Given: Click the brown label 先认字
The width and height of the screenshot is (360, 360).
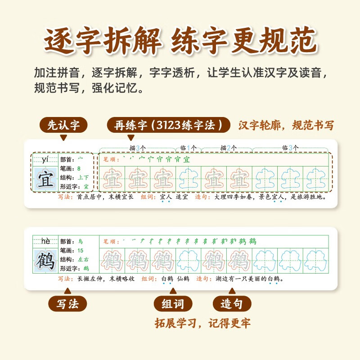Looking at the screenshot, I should [x=63, y=125].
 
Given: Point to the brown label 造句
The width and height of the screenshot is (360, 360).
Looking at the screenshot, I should [x=231, y=304].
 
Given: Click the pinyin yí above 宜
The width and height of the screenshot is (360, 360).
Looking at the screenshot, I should [x=45, y=159].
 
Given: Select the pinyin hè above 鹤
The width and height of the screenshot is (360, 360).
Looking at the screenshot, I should [x=45, y=241].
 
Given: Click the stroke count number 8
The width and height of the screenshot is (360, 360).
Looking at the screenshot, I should [x=79, y=168].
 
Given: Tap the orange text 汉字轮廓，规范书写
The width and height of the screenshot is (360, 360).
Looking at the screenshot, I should [x=286, y=125].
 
